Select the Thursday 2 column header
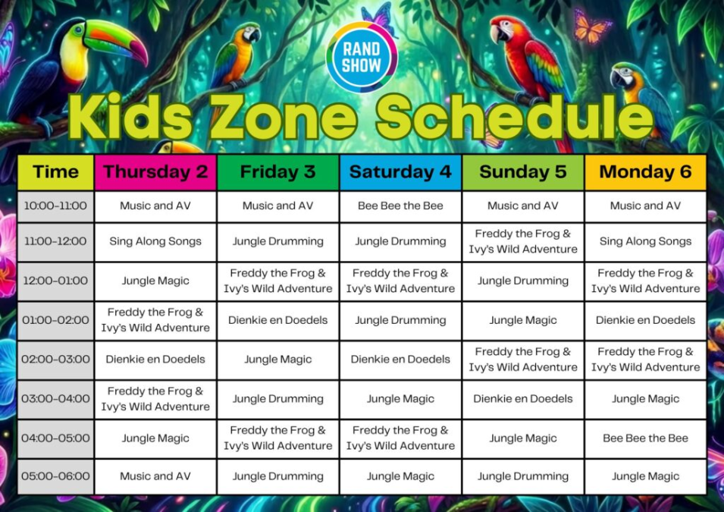pyautogui.click(x=155, y=172)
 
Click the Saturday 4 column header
pyautogui.click(x=400, y=172)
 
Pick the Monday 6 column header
pyautogui.click(x=645, y=172)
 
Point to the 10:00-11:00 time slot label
pyautogui.click(x=55, y=206)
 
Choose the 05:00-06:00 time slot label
pyautogui.click(x=55, y=476)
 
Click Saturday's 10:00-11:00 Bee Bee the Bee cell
pyautogui.click(x=400, y=206)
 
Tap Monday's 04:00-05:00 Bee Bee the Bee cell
pyautogui.click(x=645, y=438)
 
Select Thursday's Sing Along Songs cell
pyautogui.click(x=155, y=241)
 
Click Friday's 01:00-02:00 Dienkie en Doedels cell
pyautogui.click(x=278, y=320)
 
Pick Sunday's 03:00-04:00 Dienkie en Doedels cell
pyautogui.click(x=523, y=399)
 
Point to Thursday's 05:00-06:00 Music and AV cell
pyautogui.click(x=155, y=476)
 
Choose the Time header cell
pyautogui.click(x=55, y=172)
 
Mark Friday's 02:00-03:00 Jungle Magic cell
pyautogui.click(x=278, y=360)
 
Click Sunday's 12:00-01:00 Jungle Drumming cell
pyautogui.click(x=523, y=281)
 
